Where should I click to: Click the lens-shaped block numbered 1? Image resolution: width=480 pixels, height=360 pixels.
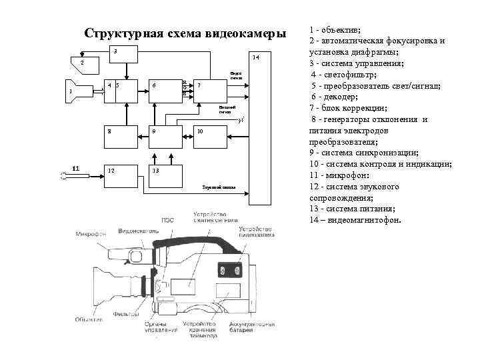tap(83, 91)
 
